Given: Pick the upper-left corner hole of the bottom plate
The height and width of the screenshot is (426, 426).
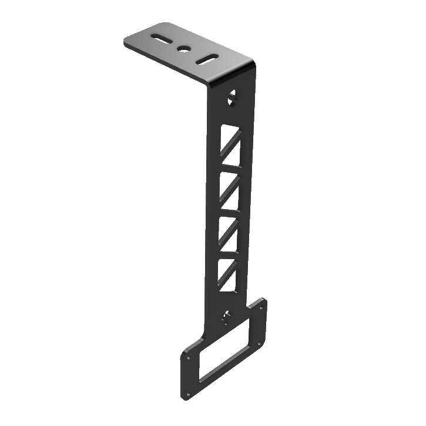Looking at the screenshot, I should tap(188, 356).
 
